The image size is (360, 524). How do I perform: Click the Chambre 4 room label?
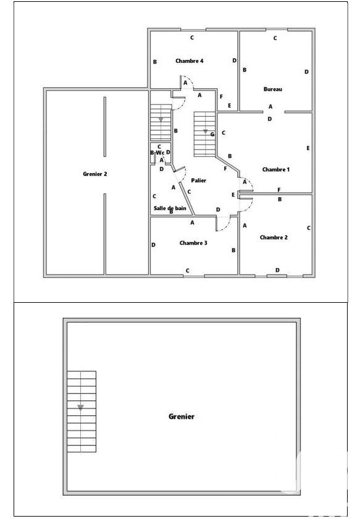click(190, 61)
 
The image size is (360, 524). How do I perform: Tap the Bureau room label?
click(273, 89)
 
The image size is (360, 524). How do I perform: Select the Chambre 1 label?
click(276, 169)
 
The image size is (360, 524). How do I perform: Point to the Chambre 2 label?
click(274, 237)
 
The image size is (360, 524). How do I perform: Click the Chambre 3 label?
click(193, 243)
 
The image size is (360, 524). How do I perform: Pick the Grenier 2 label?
click(95, 174)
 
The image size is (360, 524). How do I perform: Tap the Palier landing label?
click(198, 180)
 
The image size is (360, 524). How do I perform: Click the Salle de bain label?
click(170, 208)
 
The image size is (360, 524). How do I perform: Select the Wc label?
click(160, 153)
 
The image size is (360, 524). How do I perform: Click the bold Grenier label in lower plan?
click(182, 416)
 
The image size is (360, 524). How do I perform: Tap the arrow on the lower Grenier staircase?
click(80, 408)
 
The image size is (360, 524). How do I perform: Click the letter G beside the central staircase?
click(212, 134)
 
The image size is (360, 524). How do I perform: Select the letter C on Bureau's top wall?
click(275, 38)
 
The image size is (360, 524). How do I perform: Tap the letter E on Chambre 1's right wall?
click(308, 148)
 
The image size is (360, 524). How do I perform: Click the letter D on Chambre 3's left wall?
click(153, 245)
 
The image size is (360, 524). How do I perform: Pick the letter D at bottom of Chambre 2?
click(277, 270)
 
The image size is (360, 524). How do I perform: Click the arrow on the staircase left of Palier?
click(161, 120)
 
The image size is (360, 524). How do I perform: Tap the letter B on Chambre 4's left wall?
click(155, 62)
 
